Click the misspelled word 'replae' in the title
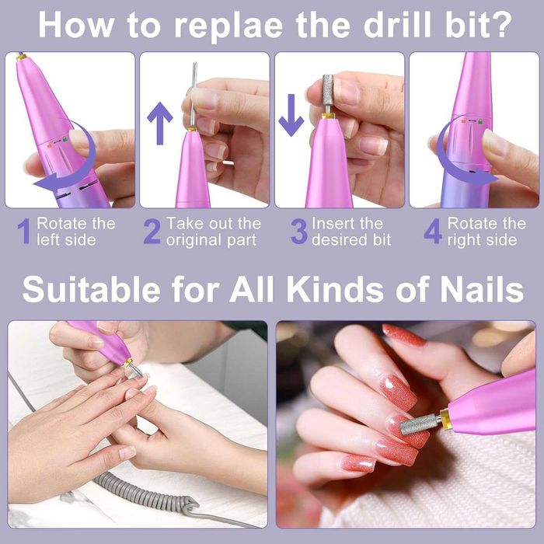coord(228,26)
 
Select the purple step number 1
coord(24,231)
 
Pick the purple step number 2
coord(152,231)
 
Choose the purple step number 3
coord(299,231)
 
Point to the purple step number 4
coord(433,231)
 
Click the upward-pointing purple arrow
coord(160,123)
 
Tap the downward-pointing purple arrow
coord(291,115)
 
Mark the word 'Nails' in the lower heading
coord(482,290)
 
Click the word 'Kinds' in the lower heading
coord(335,290)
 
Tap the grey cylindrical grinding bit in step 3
coord(327,90)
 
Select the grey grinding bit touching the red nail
coord(420,424)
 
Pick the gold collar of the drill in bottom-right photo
coord(445,420)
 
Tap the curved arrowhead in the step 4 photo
coord(486,177)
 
